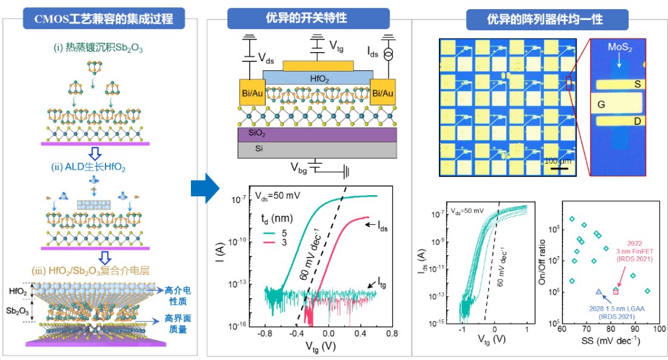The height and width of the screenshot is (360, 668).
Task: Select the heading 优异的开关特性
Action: [x=308, y=18]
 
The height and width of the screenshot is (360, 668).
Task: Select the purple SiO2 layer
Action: [x=318, y=133]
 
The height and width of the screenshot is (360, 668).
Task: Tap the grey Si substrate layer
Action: [x=318, y=148]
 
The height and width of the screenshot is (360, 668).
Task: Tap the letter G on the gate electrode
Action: [x=601, y=104]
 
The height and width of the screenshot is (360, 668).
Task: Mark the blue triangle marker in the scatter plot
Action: [x=599, y=292]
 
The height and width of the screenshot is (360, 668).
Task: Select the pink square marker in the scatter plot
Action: [x=616, y=292]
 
